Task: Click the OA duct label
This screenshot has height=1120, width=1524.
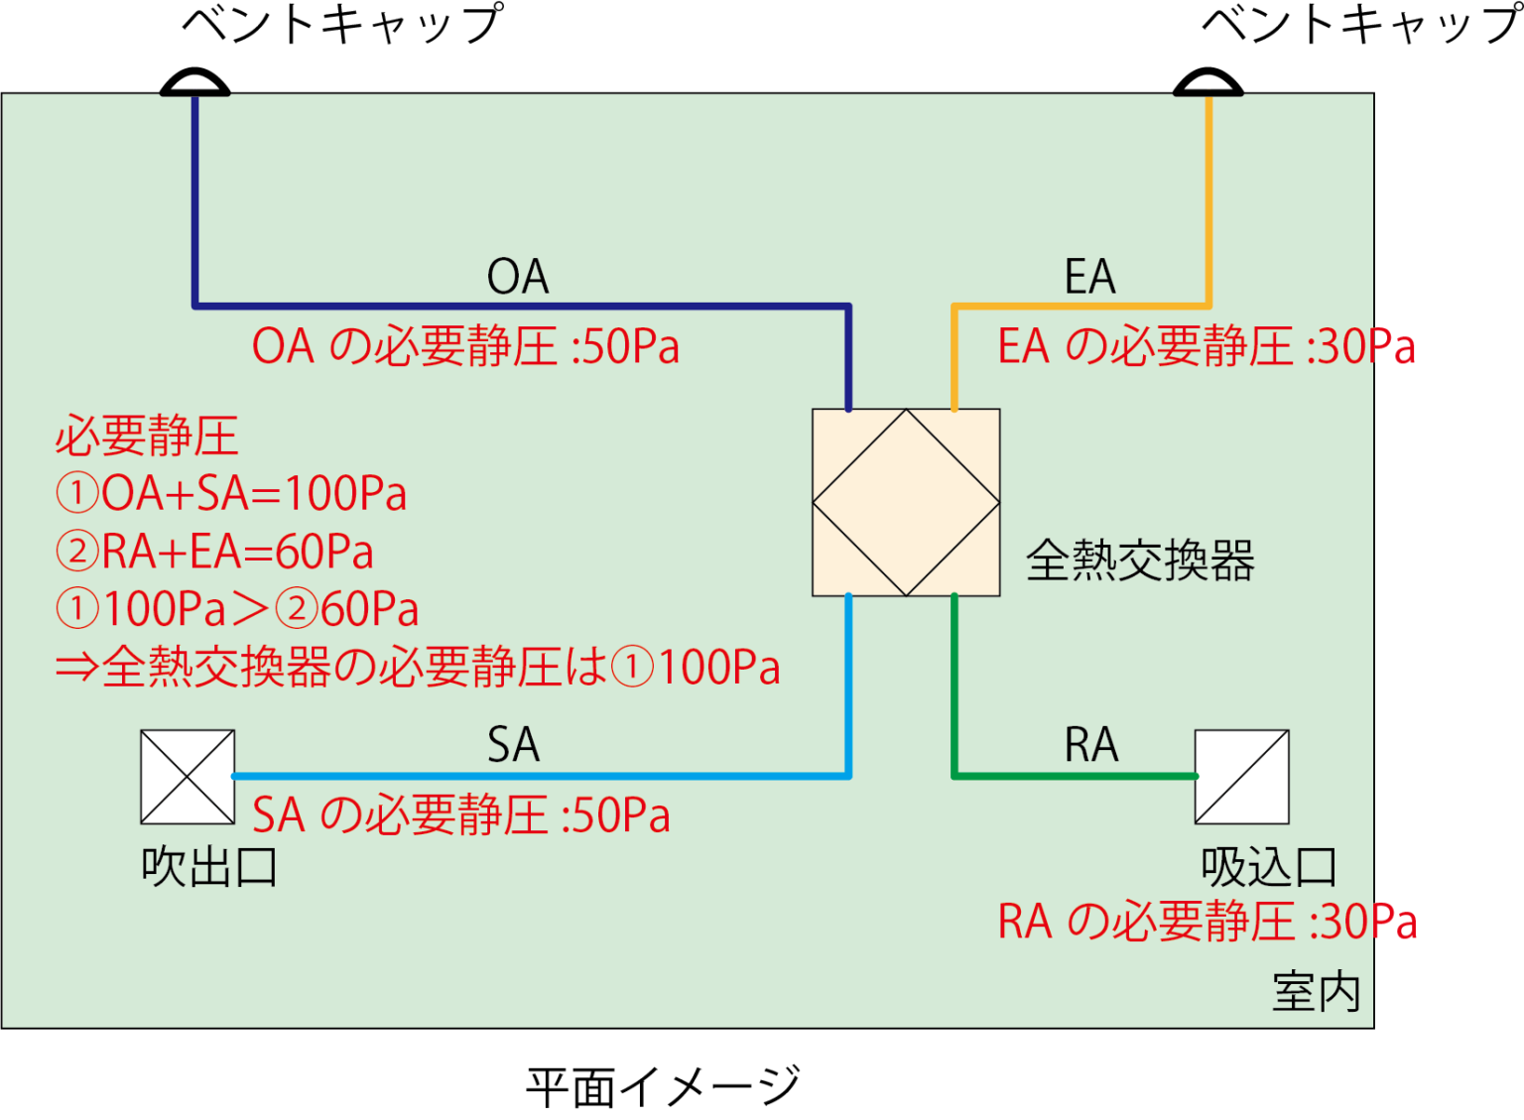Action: pyautogui.click(x=517, y=277)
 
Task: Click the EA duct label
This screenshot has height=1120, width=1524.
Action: pyautogui.click(x=1089, y=277)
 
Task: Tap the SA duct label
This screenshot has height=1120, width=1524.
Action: pyautogui.click(x=513, y=745)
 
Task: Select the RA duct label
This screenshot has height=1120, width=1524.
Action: pyautogui.click(x=1090, y=745)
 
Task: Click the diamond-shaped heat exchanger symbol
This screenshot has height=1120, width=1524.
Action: pyautogui.click(x=906, y=502)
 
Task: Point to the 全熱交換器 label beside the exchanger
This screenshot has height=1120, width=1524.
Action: pyautogui.click(x=1140, y=560)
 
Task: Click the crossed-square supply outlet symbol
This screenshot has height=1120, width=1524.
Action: pyautogui.click(x=188, y=777)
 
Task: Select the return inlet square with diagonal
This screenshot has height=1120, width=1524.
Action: pyautogui.click(x=1241, y=777)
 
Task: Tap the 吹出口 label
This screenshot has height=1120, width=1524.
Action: pyautogui.click(x=209, y=867)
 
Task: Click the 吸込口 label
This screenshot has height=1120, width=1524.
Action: pyautogui.click(x=1269, y=867)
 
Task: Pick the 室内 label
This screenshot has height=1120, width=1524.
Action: pyautogui.click(x=1317, y=992)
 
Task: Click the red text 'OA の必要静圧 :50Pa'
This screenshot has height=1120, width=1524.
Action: pyautogui.click(x=465, y=347)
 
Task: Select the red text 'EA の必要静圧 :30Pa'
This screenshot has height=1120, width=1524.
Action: pyautogui.click(x=1206, y=347)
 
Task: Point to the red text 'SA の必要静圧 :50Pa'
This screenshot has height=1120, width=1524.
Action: pyautogui.click(x=461, y=815)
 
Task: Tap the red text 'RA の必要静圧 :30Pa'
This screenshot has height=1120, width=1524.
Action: pyautogui.click(x=1207, y=922)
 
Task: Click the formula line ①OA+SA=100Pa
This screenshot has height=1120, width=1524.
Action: pyautogui.click(x=231, y=494)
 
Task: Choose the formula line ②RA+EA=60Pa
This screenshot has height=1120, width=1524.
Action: pyautogui.click(x=215, y=552)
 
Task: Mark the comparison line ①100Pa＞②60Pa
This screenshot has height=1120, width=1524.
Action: pyautogui.click(x=237, y=609)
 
